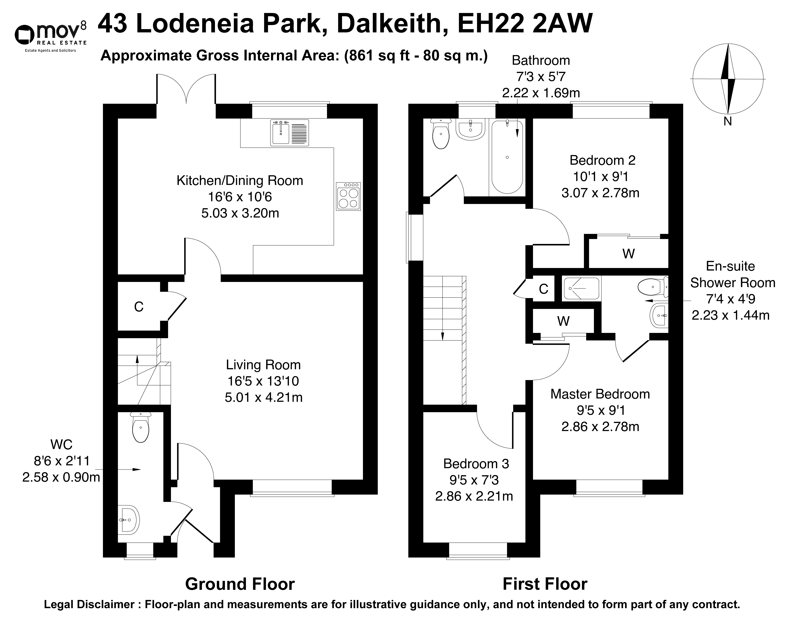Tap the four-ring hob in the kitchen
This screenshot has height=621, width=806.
coord(348,197)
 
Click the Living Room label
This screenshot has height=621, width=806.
coord(264,365)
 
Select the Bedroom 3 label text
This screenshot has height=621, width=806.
coord(476,464)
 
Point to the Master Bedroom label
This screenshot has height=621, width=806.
coord(600,394)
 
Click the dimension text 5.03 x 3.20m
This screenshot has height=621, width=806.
coord(240,213)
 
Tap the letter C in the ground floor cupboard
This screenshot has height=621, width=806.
coord(139,307)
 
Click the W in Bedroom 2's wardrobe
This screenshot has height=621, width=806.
coord(628,254)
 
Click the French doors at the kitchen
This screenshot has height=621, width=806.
coord(186,89)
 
